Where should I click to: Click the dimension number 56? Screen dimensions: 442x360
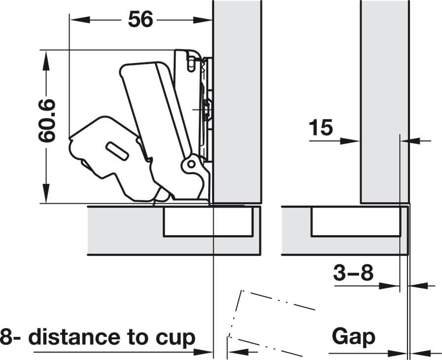tap(141, 19)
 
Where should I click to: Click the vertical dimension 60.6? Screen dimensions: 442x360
tap(47, 120)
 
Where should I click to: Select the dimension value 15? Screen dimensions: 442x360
tap(321, 127)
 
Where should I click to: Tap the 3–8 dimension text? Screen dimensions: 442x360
tap(353, 272)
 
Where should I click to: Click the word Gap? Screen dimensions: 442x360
tap(354, 336)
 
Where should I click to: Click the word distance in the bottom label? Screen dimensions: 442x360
tap(76, 337)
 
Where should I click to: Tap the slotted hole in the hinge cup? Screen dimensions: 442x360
tap(117, 151)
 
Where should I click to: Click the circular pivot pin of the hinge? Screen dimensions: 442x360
tap(191, 164)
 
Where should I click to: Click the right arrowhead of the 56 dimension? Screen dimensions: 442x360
tap(202, 20)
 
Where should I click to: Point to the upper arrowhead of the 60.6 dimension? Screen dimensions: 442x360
tap(46, 61)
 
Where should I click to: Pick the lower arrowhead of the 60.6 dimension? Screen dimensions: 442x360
tap(46, 193)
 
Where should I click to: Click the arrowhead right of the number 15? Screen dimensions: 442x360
tap(350, 141)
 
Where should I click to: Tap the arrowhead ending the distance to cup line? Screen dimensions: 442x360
tap(203, 352)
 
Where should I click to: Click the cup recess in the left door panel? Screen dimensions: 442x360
tap(208, 221)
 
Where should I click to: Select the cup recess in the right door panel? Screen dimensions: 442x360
tap(356, 221)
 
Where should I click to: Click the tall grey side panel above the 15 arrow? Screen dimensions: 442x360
tap(385, 102)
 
